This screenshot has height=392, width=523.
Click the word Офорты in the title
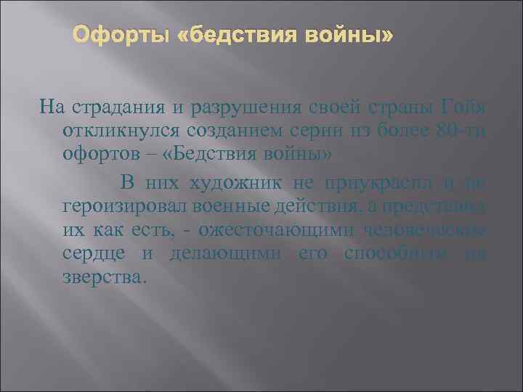click(x=124, y=36)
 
